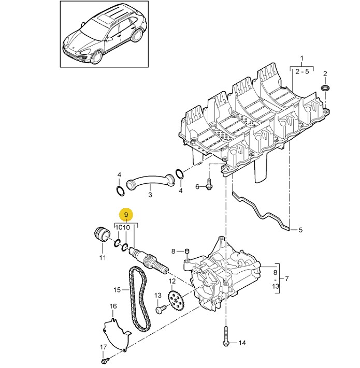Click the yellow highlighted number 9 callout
coord(126,215)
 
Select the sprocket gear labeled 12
coord(176,301)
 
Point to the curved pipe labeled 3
coord(150,180)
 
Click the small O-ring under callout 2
coord(325,88)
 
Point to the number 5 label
coord(300,230)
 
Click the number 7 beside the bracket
coord(287,279)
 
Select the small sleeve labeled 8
coord(187,251)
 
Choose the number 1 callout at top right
coord(302,58)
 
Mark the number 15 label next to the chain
coord(117,290)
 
